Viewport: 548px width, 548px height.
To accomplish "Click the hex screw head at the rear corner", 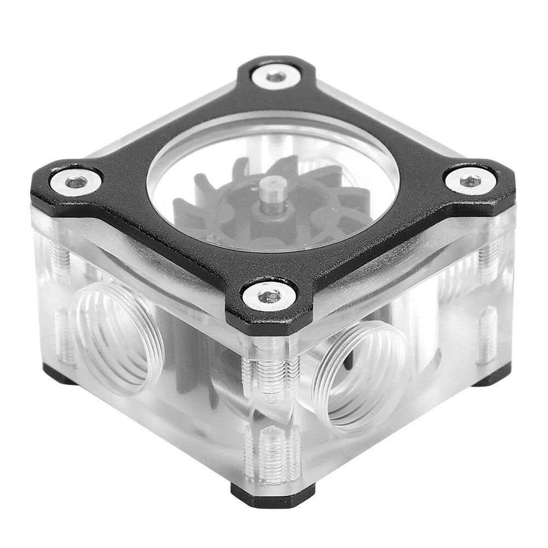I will [x=276, y=76].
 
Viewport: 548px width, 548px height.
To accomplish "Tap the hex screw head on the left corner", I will [x=76, y=181].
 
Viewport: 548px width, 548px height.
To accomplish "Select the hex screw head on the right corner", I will [x=470, y=180].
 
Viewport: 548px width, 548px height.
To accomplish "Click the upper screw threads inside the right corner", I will [x=488, y=255].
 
